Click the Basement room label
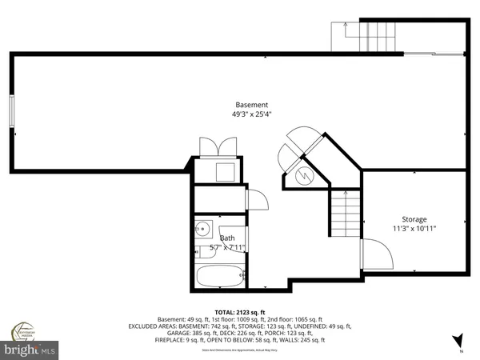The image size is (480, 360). (x=251, y=105)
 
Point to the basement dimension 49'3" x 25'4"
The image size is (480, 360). (x=251, y=114)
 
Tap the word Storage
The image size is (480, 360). (x=414, y=219)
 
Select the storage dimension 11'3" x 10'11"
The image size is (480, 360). (x=414, y=229)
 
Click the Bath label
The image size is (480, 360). (x=227, y=238)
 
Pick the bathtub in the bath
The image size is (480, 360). (x=219, y=277)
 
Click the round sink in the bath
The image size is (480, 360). (x=203, y=227)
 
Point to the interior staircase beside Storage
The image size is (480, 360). (x=345, y=216)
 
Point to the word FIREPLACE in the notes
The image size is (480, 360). (x=172, y=340)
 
